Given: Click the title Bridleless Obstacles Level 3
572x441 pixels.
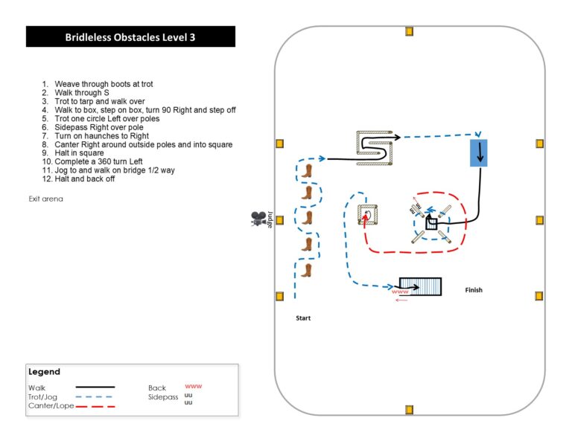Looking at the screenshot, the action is [x=130, y=37].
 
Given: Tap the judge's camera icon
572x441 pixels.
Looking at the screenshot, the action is [x=258, y=218].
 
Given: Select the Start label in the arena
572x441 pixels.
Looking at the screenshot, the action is [x=303, y=318].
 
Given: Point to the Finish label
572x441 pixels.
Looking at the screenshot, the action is [x=474, y=290].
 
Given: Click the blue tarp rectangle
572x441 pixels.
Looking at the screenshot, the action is [x=479, y=153].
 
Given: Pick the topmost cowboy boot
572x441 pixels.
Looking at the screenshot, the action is [x=307, y=171].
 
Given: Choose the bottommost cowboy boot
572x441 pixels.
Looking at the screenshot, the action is [x=306, y=270].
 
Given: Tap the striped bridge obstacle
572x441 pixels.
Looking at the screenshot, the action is [x=420, y=286].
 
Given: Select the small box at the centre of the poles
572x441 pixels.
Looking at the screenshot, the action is [x=431, y=224].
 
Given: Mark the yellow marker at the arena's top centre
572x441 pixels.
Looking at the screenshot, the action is [x=410, y=31].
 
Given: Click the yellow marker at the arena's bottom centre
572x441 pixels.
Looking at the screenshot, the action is [x=410, y=410].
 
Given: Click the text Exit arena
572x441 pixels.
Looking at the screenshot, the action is [x=46, y=199].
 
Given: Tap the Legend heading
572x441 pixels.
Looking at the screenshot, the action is [x=44, y=372].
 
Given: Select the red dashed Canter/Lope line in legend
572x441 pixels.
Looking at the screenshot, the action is [x=95, y=406].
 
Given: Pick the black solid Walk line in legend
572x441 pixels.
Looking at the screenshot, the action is [x=95, y=387].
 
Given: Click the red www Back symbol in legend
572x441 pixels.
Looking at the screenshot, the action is [x=194, y=386].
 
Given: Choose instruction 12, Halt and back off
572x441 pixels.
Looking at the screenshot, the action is [x=78, y=178].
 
